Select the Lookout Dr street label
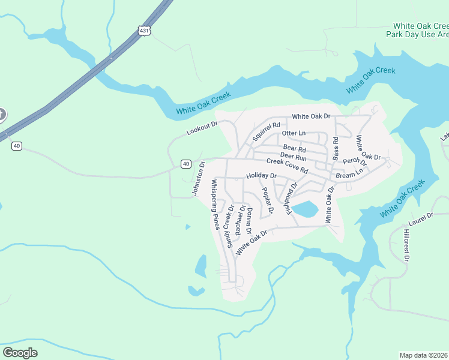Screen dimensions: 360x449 pyautogui.click(x=200, y=130)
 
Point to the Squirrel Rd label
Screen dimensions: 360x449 pyautogui.click(x=267, y=131)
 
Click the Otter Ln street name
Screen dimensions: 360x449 pyautogui.click(x=294, y=133)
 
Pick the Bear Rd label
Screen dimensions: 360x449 pyautogui.click(x=294, y=148)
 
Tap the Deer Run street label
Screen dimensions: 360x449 pyautogui.click(x=294, y=156)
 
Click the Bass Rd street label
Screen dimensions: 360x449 pyautogui.click(x=336, y=148)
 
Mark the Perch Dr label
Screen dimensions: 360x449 pyautogui.click(x=355, y=161)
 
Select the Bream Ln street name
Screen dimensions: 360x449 pyautogui.click(x=349, y=174)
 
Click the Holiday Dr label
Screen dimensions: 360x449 pyautogui.click(x=261, y=176)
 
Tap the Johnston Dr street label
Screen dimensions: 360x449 pyautogui.click(x=199, y=178)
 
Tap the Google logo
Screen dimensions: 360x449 pyautogui.click(x=20, y=353)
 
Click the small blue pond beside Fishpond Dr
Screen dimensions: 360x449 pyautogui.click(x=304, y=209)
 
